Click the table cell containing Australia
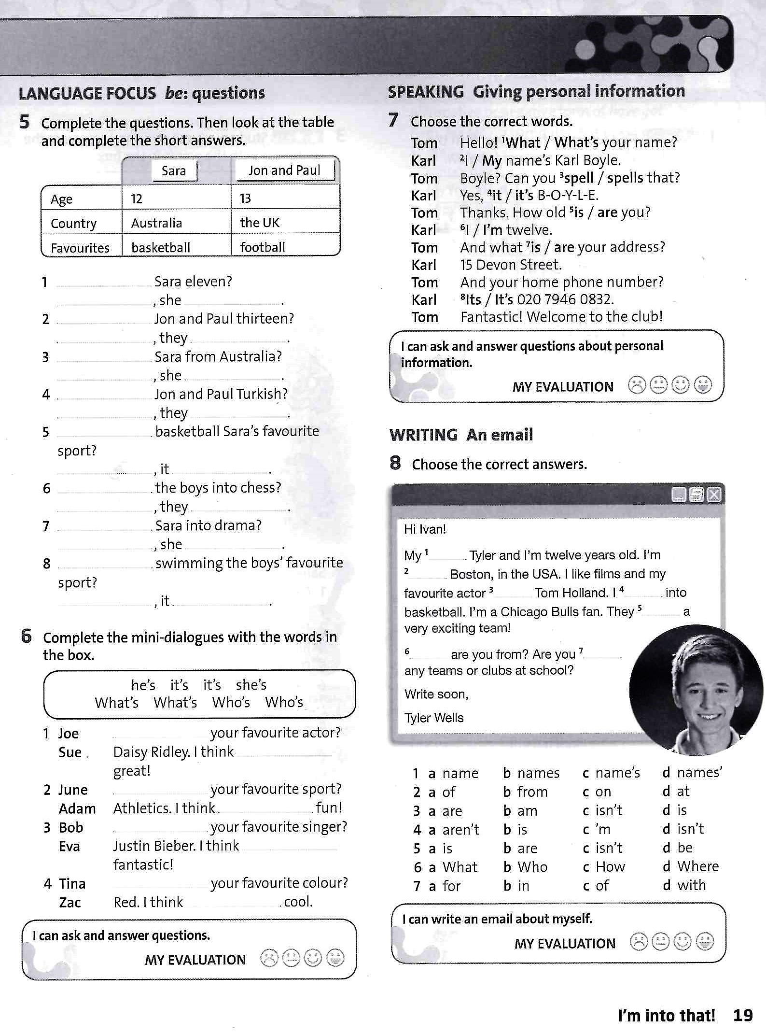pyautogui.click(x=156, y=223)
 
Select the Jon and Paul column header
pyautogui.click(x=284, y=170)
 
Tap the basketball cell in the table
pyautogui.click(x=161, y=247)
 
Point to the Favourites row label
pyautogui.click(x=80, y=248)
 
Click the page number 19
pyautogui.click(x=743, y=1015)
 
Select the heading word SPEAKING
pyautogui.click(x=425, y=92)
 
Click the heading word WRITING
pyautogui.click(x=423, y=435)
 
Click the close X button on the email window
pyautogui.click(x=714, y=495)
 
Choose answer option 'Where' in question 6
pyautogui.click(x=697, y=866)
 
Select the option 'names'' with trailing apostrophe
pyautogui.click(x=699, y=773)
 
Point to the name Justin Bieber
pyautogui.click(x=154, y=846)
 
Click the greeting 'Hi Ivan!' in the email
pyautogui.click(x=425, y=529)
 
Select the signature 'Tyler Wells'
pyautogui.click(x=434, y=718)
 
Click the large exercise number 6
pyautogui.click(x=26, y=637)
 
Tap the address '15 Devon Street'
pyautogui.click(x=511, y=265)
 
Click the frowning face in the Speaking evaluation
pyautogui.click(x=637, y=385)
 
